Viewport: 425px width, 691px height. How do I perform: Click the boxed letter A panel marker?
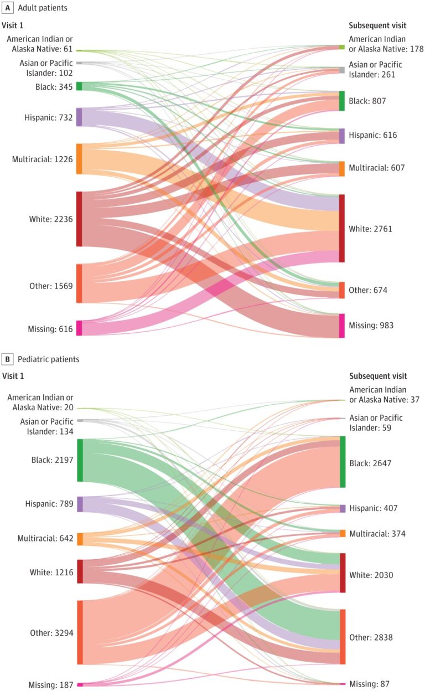pos(8,8)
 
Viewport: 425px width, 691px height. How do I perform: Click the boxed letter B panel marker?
pos(8,359)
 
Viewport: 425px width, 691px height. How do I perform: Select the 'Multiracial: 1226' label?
pos(42,159)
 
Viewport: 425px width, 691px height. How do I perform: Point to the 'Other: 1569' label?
pos(51,286)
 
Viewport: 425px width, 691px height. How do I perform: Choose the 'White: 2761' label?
pos(370,229)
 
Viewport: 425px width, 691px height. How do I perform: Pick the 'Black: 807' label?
pos(367,101)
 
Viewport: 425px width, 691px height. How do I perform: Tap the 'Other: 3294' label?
pos(51,633)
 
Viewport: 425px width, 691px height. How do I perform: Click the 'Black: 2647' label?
pos(370,463)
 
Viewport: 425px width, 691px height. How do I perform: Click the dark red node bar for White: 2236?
pos(79,219)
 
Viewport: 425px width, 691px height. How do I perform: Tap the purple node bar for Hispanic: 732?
pos(79,117)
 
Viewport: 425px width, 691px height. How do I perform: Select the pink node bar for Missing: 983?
pos(341,326)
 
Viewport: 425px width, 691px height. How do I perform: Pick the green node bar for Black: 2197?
pos(80,460)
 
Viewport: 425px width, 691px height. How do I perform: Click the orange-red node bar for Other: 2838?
pos(342,637)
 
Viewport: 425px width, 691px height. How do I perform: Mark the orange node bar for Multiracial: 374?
pos(342,533)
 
